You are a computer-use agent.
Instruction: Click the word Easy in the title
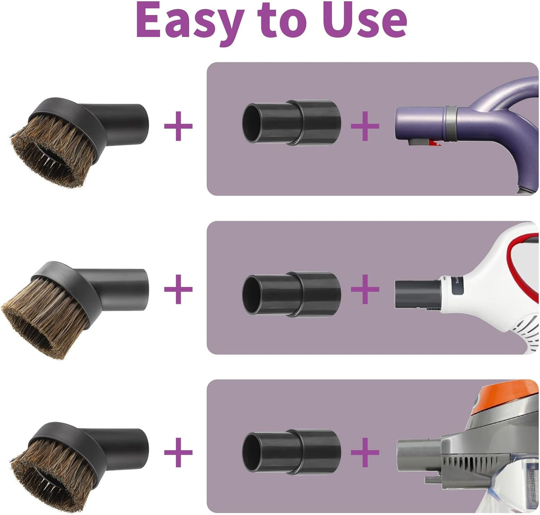[x=189, y=21]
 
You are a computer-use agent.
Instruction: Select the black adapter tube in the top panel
[x=292, y=122]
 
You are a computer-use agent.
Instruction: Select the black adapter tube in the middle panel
[x=292, y=295]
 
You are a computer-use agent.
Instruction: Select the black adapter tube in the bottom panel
[x=292, y=453]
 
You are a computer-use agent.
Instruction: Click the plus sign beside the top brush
[x=178, y=126]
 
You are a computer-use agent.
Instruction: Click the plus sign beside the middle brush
[x=178, y=289]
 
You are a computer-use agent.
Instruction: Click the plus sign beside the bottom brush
[x=178, y=453]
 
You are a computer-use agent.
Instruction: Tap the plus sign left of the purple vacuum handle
[x=365, y=126]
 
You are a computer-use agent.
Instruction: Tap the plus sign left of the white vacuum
[x=365, y=289]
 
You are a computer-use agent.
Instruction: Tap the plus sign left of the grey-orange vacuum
[x=365, y=453]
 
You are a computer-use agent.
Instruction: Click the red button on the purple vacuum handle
[x=433, y=142]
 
